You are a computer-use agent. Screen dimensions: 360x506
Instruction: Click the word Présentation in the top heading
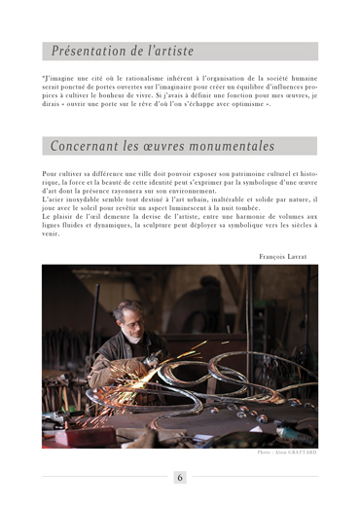point(87,51)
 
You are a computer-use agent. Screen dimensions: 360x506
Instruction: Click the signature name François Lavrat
point(283,256)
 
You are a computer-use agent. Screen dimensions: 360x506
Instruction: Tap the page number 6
point(180,478)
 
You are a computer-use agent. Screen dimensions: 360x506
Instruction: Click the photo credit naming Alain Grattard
point(287,452)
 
